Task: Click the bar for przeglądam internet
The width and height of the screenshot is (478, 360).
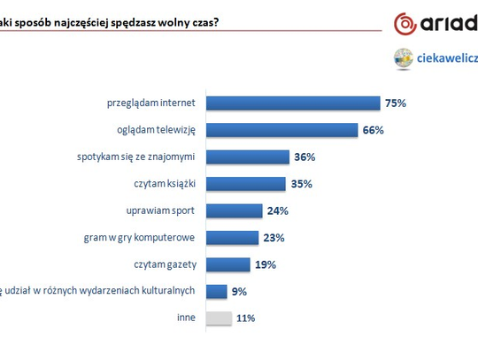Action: click(292, 103)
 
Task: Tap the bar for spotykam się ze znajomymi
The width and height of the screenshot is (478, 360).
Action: click(247, 157)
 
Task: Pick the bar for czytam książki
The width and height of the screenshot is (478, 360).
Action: click(246, 184)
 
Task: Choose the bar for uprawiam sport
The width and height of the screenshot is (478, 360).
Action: click(234, 211)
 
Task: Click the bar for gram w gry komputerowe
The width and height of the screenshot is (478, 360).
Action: click(232, 237)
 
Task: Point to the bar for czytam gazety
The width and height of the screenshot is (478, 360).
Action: click(227, 264)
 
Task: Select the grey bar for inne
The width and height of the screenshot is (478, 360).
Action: click(219, 318)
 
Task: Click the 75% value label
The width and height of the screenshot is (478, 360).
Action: click(395, 103)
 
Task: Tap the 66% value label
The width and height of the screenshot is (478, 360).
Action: click(374, 130)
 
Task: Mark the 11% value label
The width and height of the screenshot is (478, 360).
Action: click(247, 318)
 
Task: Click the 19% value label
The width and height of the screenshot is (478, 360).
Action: click(266, 264)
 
